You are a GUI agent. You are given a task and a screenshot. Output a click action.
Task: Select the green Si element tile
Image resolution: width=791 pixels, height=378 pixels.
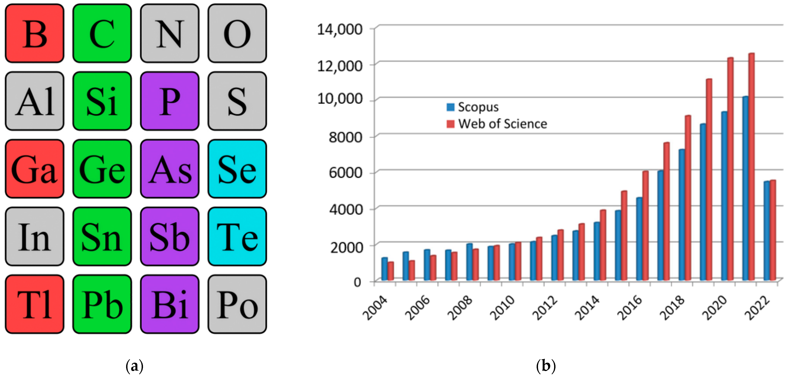point(102,101)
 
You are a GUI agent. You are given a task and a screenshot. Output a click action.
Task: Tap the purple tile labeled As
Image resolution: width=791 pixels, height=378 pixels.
point(170,169)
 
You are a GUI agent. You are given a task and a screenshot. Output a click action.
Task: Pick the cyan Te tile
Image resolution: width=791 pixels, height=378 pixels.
point(237,236)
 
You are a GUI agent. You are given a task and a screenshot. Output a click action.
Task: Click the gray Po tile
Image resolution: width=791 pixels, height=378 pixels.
point(237,304)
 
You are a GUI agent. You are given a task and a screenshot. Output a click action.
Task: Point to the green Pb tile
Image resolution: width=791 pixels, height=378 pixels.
point(102,304)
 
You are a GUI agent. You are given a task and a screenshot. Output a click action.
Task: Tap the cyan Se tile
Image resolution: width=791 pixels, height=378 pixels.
point(237,169)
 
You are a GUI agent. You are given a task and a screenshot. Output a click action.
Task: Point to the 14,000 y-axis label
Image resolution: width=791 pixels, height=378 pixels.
point(340,29)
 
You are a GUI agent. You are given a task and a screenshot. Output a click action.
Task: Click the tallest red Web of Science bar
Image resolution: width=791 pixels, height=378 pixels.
point(751,166)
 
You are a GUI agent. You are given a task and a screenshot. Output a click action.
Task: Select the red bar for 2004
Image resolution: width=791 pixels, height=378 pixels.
point(391,271)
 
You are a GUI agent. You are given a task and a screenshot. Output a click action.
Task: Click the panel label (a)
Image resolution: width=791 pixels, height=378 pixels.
point(134,366)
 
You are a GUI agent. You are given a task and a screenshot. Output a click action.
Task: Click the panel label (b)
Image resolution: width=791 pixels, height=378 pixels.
point(546,366)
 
